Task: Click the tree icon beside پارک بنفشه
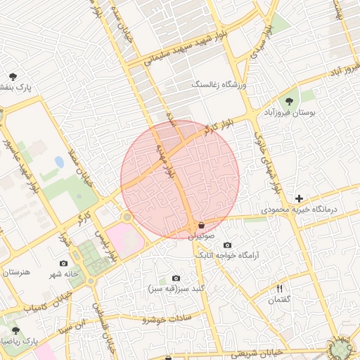pos(12,75)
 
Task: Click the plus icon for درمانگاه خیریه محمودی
pos(299,199)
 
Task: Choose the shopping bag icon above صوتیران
pos(202,226)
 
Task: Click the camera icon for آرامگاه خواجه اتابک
pos(227,245)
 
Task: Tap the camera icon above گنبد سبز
pos(176,278)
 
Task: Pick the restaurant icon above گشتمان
pos(279,289)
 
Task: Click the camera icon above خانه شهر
pos(64,263)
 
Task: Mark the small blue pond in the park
pos(59,162)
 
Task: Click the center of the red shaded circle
pos(180,179)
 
